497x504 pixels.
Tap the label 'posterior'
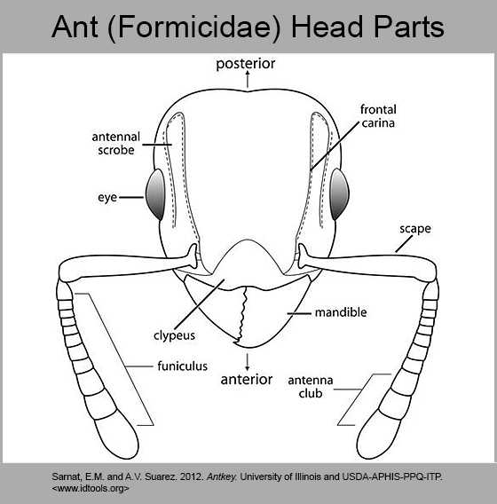246,64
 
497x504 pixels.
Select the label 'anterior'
247,379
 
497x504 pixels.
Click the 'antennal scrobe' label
116,144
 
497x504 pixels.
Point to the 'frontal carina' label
378,116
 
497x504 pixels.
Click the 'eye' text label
107,197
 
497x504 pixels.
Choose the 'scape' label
415,229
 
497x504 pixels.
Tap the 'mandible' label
341,312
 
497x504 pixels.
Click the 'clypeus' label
174,335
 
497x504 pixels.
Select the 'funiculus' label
182,366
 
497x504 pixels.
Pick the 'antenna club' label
311,387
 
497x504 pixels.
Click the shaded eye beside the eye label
155,194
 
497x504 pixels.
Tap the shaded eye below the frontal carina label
340,194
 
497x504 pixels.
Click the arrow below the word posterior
248,79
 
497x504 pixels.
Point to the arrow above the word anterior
247,362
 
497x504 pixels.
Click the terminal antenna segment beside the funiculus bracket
117,433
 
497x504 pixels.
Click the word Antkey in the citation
222,476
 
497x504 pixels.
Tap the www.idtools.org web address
91,489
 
